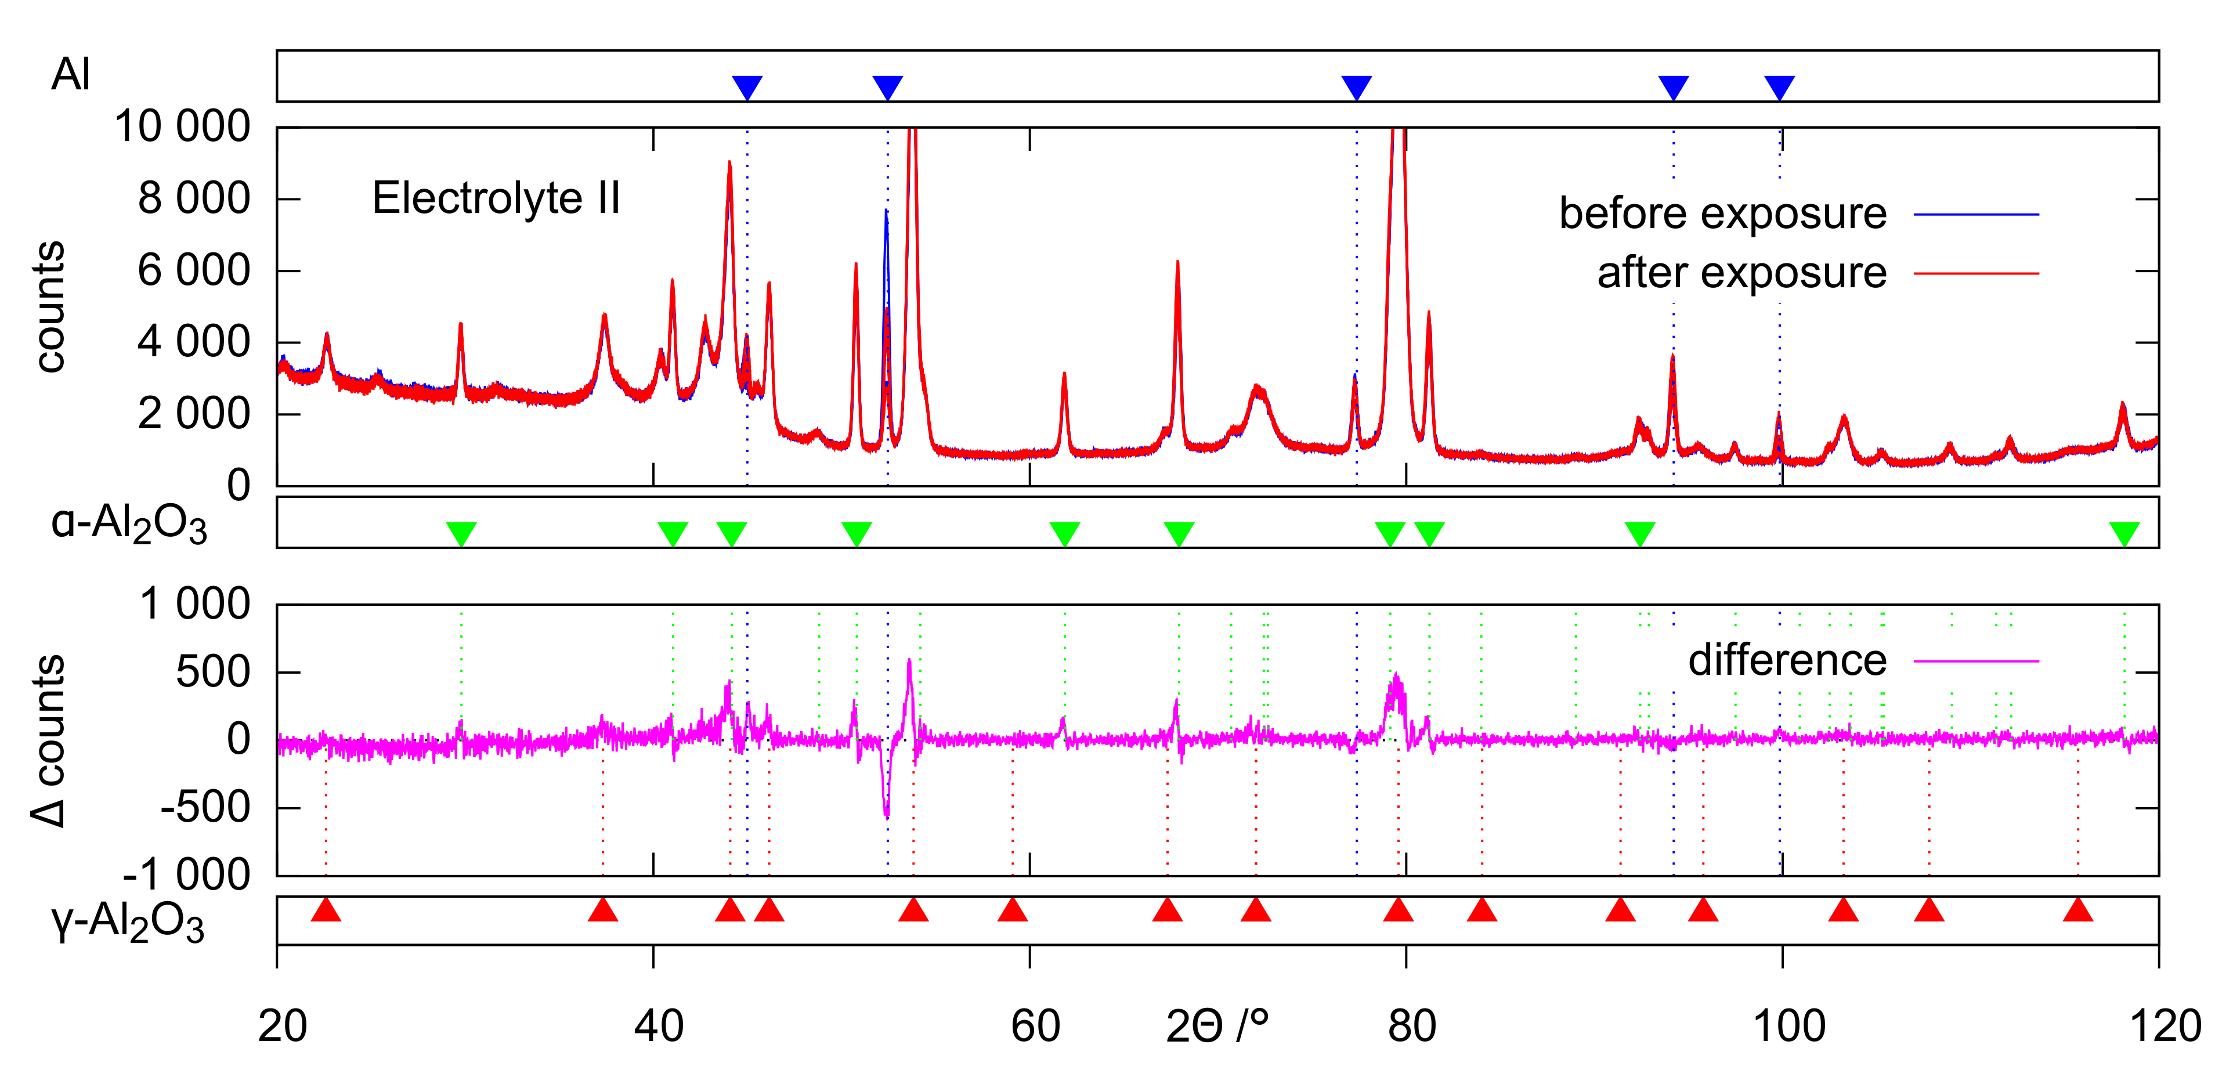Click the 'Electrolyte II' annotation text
(x=496, y=198)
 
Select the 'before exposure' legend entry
(x=1722, y=214)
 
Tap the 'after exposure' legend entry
(x=1741, y=273)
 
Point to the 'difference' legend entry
(x=1787, y=661)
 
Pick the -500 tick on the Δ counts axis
(x=205, y=807)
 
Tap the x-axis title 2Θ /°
(x=1217, y=1026)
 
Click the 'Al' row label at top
(x=70, y=75)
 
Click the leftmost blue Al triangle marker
(x=747, y=86)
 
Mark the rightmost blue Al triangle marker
(x=1779, y=86)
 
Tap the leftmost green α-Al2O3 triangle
(x=461, y=533)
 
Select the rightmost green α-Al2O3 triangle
(x=2124, y=533)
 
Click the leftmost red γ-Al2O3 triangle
(x=326, y=910)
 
